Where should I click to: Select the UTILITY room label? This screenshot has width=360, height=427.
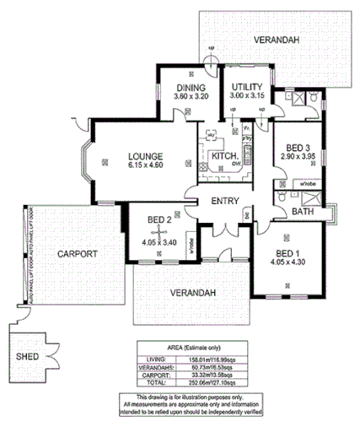click(247, 87)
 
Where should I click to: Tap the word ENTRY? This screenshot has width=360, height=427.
click(225, 201)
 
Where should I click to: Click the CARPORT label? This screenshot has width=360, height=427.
click(78, 253)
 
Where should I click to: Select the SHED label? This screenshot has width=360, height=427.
click(27, 356)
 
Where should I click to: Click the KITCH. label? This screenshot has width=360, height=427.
click(223, 157)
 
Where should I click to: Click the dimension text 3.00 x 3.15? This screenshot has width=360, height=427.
click(247, 96)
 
